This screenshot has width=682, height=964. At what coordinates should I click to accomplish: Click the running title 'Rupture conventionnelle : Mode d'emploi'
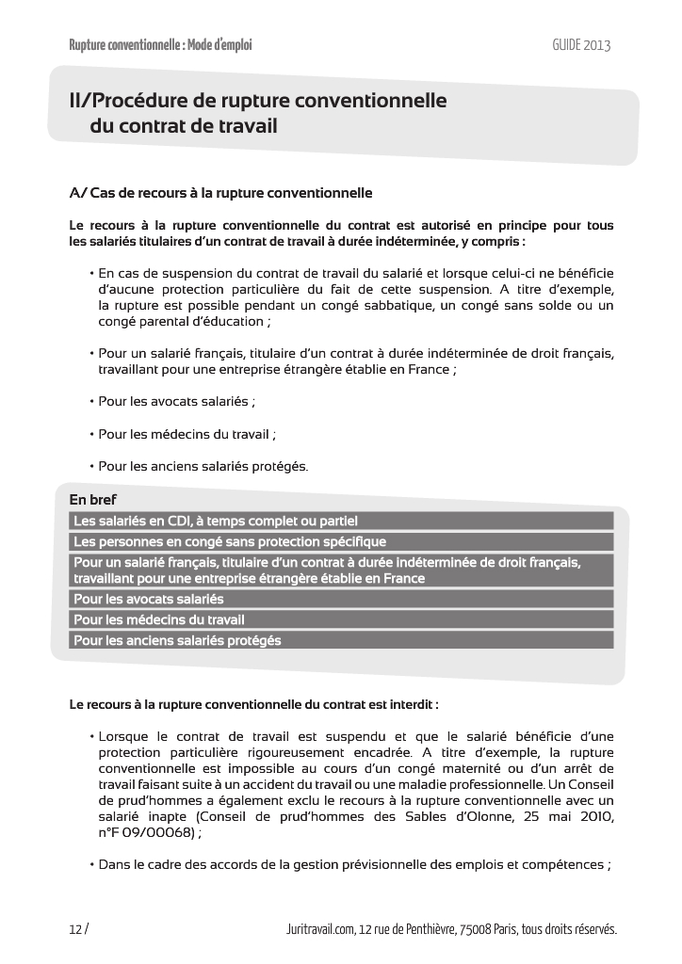pyautogui.click(x=161, y=45)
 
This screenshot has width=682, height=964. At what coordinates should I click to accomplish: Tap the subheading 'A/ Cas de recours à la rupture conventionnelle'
pyautogui.click(x=221, y=193)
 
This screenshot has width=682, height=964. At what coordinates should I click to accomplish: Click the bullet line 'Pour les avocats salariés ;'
pyautogui.click(x=176, y=401)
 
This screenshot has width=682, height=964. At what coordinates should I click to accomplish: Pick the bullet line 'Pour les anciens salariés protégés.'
pyautogui.click(x=203, y=466)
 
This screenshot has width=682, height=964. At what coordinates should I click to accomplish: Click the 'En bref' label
pyautogui.click(x=93, y=500)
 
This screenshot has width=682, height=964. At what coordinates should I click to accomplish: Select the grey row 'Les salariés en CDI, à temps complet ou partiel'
pyautogui.click(x=216, y=521)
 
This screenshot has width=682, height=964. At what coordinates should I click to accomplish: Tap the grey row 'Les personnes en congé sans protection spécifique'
pyautogui.click(x=230, y=541)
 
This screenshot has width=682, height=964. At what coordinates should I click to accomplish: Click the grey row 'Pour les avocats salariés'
pyautogui.click(x=149, y=599)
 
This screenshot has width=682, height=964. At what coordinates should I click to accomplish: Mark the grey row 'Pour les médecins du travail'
pyautogui.click(x=159, y=619)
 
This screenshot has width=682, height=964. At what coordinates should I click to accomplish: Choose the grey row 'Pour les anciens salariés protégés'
pyautogui.click(x=177, y=640)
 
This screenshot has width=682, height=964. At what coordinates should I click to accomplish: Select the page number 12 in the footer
pyautogui.click(x=75, y=929)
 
